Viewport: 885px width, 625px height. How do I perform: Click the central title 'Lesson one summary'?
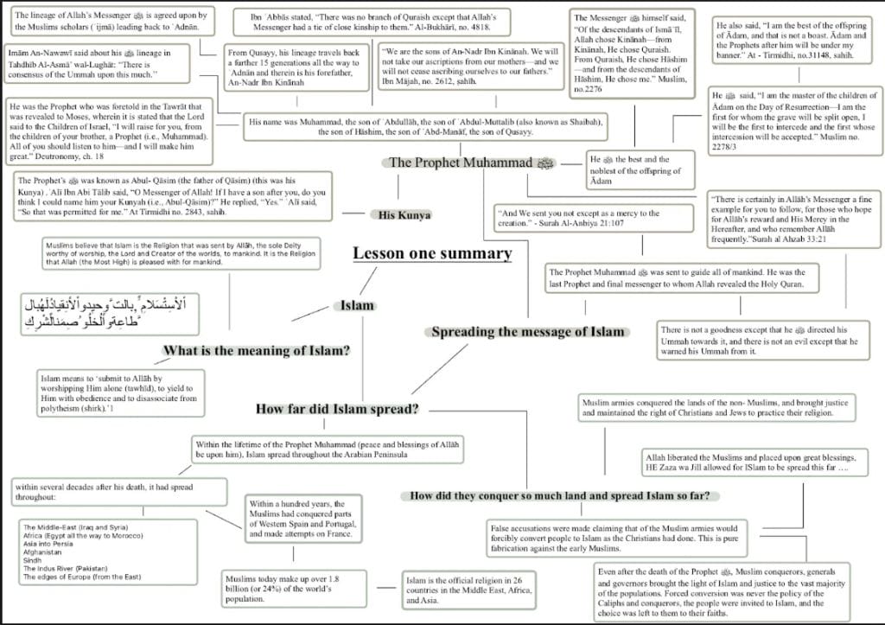pyautogui.click(x=432, y=254)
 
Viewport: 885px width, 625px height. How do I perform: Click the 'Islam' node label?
pyautogui.click(x=357, y=305)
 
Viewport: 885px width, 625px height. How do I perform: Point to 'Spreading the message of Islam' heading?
pyautogui.click(x=527, y=332)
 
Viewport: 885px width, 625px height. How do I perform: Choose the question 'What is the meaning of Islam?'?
pyautogui.click(x=257, y=350)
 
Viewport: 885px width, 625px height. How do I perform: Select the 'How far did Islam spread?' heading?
pyautogui.click(x=337, y=408)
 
